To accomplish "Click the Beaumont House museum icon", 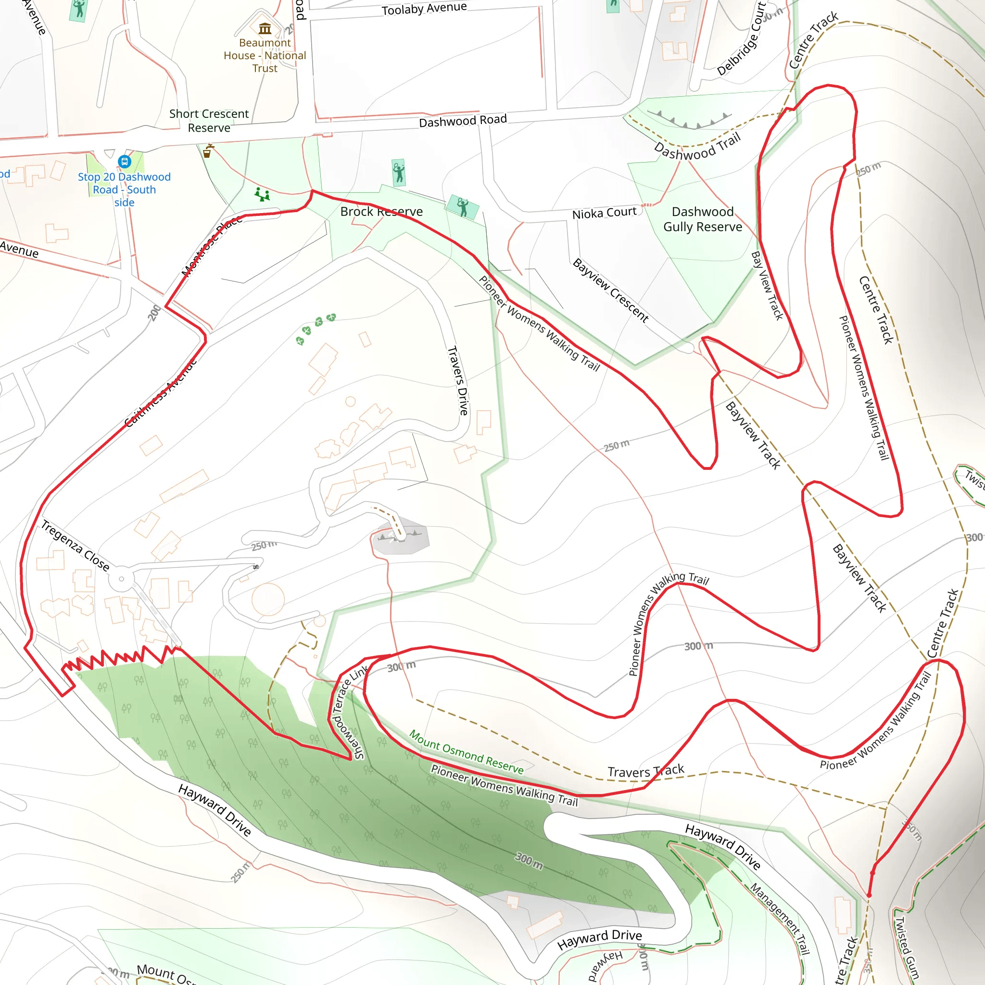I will click(265, 28).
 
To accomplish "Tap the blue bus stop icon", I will click(125, 162).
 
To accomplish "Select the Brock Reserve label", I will click(381, 212).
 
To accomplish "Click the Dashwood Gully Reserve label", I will click(703, 219).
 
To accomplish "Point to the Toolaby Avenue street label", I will click(424, 9).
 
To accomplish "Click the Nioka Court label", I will click(604, 213).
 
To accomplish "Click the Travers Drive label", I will click(458, 380).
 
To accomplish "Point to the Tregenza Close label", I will click(75, 545).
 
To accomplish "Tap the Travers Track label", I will click(645, 771).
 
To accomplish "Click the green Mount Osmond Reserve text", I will click(466, 752).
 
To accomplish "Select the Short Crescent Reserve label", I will click(209, 120).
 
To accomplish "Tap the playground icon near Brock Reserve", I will click(262, 194).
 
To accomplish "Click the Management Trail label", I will click(780, 918).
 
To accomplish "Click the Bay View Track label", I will click(767, 286).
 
